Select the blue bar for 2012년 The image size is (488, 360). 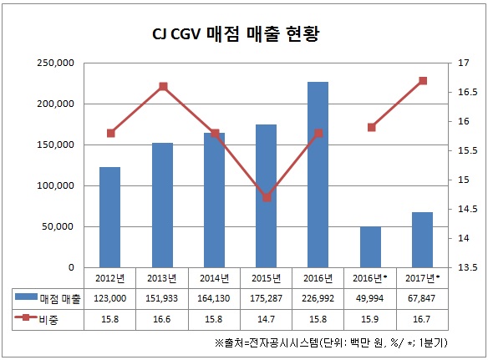pos(109,217)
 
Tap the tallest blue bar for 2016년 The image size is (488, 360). pos(318,175)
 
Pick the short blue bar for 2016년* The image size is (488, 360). pos(370,246)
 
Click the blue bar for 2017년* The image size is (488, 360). pos(422,240)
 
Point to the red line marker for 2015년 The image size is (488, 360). pos(267,198)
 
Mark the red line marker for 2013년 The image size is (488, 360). pos(163,86)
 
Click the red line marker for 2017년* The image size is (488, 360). pos(423,80)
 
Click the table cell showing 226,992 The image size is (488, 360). pos(318,297)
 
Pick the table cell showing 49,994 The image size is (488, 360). pos(370,297)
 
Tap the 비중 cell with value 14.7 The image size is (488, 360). pos(267,318)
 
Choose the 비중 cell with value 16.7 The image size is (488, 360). pos(423,318)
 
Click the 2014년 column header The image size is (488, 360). pos(214,278)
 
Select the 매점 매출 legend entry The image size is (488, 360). pos(48,297)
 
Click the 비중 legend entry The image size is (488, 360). pos(48,318)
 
